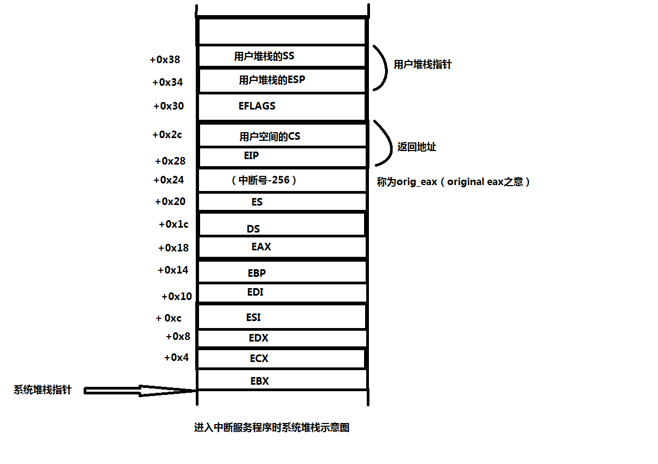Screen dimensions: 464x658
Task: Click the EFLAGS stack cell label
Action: pos(257,106)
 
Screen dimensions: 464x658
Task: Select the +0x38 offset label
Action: pos(164,60)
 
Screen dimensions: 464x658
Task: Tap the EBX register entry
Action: pos(259,381)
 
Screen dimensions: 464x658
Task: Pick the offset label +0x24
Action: pos(168,180)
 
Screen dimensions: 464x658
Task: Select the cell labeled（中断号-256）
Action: pos(263,180)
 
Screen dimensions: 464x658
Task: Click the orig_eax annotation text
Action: pos(453,182)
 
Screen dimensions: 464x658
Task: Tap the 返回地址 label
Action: pos(416,147)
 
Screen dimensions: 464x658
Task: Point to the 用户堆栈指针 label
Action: pos(422,65)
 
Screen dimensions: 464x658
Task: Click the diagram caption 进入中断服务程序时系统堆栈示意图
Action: pos(272,428)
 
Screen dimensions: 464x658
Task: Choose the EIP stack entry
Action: pos(251,156)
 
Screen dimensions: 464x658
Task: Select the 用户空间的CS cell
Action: pos(270,137)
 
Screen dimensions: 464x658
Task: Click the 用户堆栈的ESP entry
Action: pos(272,80)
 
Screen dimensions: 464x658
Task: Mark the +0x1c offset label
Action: pos(173,224)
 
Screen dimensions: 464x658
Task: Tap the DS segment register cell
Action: pos(253,229)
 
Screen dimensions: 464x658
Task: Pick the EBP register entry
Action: pos(257,273)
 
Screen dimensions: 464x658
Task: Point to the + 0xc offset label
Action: pos(168,318)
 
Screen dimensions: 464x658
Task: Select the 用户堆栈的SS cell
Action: pos(264,56)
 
